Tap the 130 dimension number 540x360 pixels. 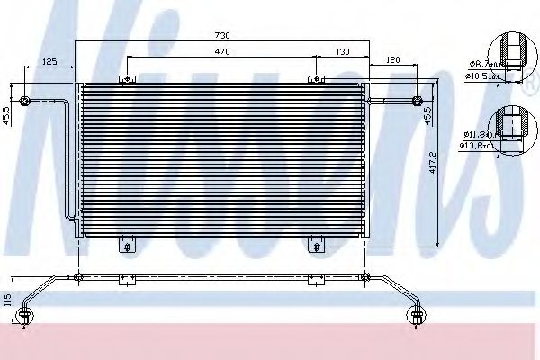click(342, 53)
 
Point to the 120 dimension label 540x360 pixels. click(392, 60)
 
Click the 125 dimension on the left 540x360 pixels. click(49, 62)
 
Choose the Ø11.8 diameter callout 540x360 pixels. click(476, 133)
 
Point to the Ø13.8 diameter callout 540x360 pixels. click(476, 144)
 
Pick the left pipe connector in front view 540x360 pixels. click(24, 99)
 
